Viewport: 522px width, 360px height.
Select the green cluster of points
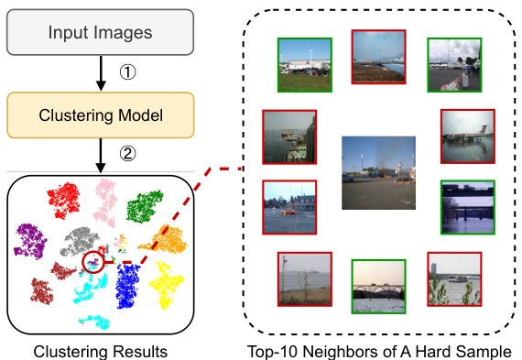coord(145,207)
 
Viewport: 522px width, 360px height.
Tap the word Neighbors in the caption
coord(363,350)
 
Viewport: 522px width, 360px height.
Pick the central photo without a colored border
coord(377,172)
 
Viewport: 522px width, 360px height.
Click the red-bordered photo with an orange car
coord(289,206)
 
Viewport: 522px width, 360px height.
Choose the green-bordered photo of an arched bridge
coord(378,287)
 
